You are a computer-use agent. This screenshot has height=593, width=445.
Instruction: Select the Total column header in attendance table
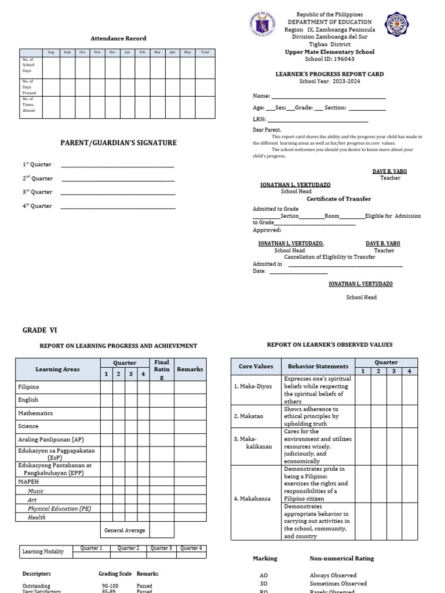(x=205, y=52)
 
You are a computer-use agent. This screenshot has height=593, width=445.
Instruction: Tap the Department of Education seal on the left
(x=264, y=26)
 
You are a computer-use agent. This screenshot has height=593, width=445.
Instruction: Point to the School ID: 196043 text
(x=329, y=59)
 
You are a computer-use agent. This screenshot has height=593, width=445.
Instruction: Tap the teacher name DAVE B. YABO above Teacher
(x=390, y=171)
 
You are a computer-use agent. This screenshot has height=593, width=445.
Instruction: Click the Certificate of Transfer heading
(x=338, y=199)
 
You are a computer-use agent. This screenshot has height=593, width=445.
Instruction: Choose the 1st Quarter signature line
(x=117, y=166)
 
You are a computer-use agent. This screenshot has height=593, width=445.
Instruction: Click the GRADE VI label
(x=40, y=330)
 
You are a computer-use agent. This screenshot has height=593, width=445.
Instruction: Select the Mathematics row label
(x=35, y=413)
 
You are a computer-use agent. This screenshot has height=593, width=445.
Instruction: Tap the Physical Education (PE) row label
(x=59, y=508)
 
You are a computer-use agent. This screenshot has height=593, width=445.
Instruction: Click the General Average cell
(x=125, y=530)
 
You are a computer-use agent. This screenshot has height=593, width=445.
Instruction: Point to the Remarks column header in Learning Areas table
(x=190, y=369)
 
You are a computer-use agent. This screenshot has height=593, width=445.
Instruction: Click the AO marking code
(x=264, y=576)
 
